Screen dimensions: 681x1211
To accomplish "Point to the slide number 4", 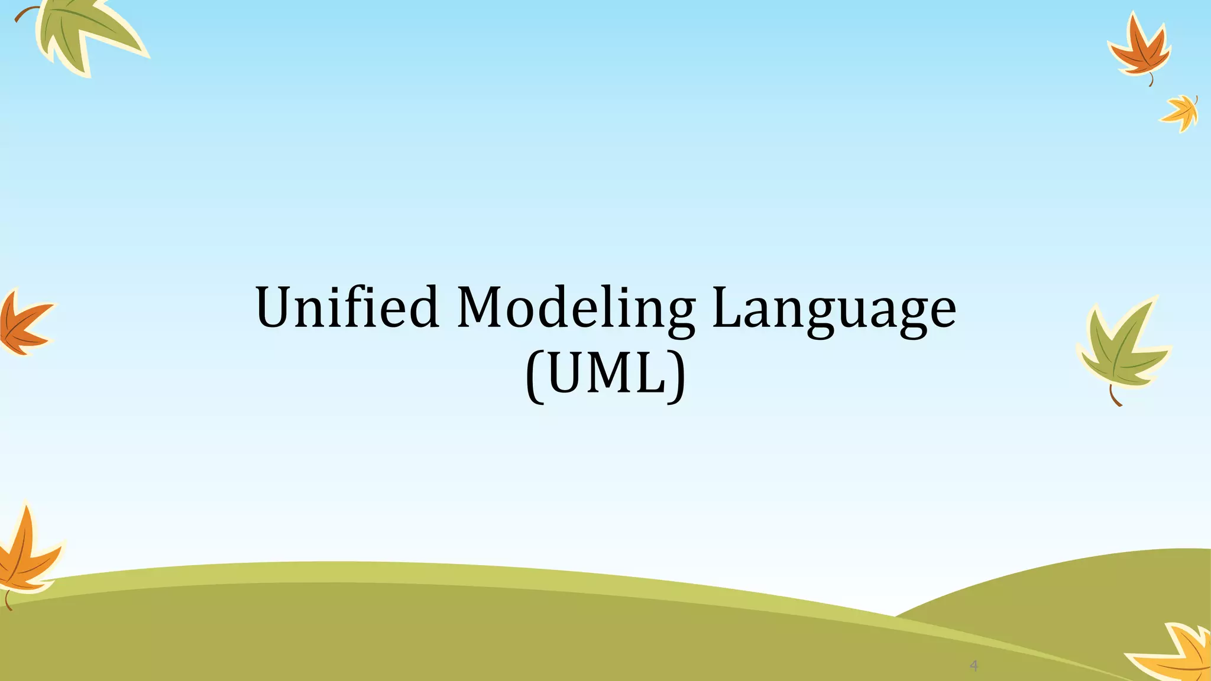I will [x=974, y=666].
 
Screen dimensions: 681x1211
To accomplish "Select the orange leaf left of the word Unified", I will [x=22, y=324].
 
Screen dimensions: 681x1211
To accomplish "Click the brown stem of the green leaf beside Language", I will [x=1114, y=397].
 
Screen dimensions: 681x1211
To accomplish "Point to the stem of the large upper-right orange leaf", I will [x=1151, y=80].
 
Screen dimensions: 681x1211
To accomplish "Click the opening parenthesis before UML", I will [x=534, y=376].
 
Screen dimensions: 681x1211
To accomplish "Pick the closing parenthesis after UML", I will [x=677, y=376].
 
